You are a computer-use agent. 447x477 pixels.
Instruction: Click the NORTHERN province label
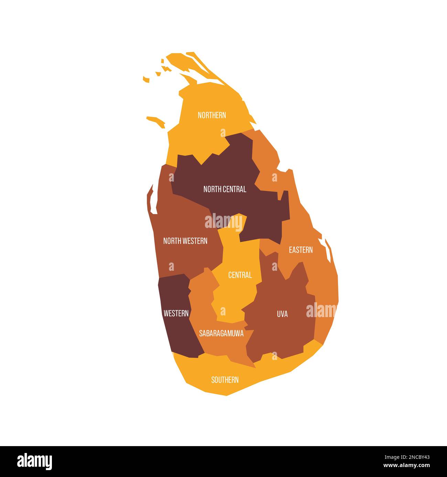(212, 115)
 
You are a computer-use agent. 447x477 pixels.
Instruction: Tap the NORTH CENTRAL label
(225, 189)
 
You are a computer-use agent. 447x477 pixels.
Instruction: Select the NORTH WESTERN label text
(185, 241)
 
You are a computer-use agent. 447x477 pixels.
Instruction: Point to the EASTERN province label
(301, 250)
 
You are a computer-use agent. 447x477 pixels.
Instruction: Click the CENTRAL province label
(240, 275)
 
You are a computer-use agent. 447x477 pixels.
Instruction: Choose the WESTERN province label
(176, 313)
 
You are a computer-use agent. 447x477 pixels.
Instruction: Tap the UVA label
(282, 314)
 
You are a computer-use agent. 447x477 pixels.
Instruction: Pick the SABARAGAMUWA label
(221, 333)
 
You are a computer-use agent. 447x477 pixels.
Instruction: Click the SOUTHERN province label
(225, 380)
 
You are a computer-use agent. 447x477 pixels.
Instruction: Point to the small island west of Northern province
(156, 120)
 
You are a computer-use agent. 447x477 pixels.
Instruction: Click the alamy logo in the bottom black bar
(35, 461)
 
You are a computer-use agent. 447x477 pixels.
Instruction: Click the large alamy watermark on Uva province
(321, 311)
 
